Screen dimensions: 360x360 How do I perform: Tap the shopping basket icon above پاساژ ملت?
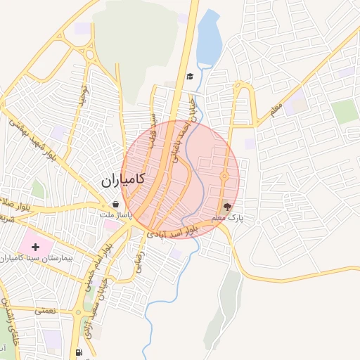click(x=115, y=205)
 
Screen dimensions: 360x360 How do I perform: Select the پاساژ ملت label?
click(x=115, y=214)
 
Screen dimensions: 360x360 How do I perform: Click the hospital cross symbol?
click(x=36, y=247)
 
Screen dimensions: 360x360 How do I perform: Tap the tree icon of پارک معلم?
click(x=226, y=207)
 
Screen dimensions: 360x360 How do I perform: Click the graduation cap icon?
click(x=190, y=77)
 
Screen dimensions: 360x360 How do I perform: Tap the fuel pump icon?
click(x=79, y=352)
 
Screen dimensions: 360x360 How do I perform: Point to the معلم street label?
click(x=275, y=110)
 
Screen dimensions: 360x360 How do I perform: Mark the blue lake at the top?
click(x=208, y=39)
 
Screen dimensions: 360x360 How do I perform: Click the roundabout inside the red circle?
click(x=224, y=176)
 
